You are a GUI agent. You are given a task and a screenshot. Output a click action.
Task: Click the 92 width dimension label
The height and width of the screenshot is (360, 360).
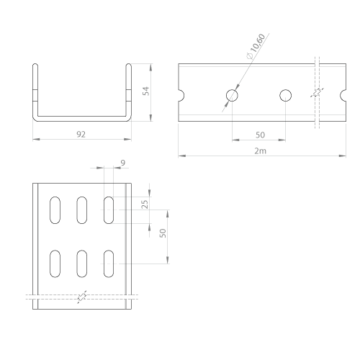[x=81, y=135]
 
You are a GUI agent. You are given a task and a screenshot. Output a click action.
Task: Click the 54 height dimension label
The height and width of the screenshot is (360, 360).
[x=146, y=91]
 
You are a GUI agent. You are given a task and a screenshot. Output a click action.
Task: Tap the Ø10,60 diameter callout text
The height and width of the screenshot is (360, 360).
[x=256, y=47]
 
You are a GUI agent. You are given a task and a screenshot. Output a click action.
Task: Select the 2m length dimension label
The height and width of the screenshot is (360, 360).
[x=261, y=151]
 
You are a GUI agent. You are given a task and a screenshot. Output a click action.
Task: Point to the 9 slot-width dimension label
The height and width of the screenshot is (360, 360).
[x=123, y=163]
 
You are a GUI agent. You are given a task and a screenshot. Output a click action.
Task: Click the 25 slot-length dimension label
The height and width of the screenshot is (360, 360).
[x=145, y=204]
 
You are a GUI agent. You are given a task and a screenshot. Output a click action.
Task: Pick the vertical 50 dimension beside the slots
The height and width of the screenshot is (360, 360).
[x=163, y=233]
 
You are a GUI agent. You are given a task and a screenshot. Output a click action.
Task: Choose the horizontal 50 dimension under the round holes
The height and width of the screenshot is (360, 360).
[x=260, y=135]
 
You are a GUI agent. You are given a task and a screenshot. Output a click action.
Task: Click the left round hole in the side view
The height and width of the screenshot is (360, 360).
[x=232, y=96]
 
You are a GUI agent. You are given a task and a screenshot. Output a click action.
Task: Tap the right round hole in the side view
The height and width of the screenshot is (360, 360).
[x=286, y=96]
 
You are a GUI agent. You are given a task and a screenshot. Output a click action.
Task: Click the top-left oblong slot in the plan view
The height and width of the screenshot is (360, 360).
[x=55, y=210]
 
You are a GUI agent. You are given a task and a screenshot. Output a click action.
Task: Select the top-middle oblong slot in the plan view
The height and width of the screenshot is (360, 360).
[x=82, y=210]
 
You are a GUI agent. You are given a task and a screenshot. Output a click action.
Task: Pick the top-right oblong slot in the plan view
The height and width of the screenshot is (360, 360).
[x=109, y=210]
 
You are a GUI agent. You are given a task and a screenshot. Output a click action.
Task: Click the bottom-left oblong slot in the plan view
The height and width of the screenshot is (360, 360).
[x=55, y=264]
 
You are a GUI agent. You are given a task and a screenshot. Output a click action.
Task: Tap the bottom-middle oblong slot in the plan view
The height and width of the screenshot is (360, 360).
[x=82, y=264]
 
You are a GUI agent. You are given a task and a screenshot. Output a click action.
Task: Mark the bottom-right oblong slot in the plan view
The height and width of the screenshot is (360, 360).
[x=109, y=264]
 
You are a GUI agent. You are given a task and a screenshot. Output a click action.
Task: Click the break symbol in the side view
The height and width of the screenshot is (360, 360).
[x=317, y=92]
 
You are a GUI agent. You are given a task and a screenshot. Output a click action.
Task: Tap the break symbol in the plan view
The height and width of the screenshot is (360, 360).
[x=82, y=297]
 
